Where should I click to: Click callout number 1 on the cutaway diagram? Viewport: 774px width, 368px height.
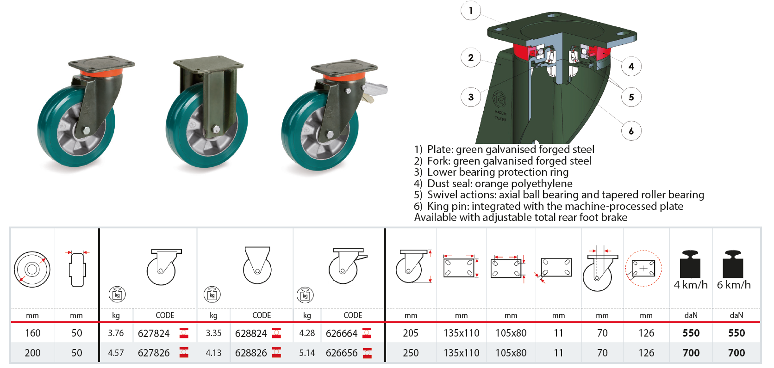tap(471, 11)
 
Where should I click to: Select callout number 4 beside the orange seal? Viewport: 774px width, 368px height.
tap(631, 66)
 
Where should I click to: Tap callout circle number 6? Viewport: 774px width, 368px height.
tap(631, 131)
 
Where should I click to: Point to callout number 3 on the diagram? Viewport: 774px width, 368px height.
tap(471, 97)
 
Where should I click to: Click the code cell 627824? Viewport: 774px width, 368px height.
tap(154, 333)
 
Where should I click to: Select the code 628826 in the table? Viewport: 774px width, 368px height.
tap(251, 353)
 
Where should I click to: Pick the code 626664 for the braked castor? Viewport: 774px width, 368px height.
tap(341, 333)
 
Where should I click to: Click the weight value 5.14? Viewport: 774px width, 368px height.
tap(307, 353)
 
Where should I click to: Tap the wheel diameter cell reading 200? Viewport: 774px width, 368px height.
tap(32, 353)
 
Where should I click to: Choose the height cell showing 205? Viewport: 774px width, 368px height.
tap(411, 333)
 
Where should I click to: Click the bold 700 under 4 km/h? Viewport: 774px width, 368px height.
tap(691, 353)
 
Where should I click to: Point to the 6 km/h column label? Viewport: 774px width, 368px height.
tap(734, 285)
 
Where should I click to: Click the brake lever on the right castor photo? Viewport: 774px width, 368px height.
tap(375, 89)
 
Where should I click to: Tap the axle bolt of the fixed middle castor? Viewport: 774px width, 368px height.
tap(216, 129)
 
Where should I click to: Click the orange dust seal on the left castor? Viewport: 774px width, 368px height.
tap(101, 74)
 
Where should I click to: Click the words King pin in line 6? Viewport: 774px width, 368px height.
tap(448, 207)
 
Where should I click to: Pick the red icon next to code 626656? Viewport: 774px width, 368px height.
tap(367, 353)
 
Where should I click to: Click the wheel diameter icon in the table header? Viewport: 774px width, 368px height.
tap(32, 269)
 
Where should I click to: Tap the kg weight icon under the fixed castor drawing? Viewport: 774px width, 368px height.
tap(212, 294)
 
